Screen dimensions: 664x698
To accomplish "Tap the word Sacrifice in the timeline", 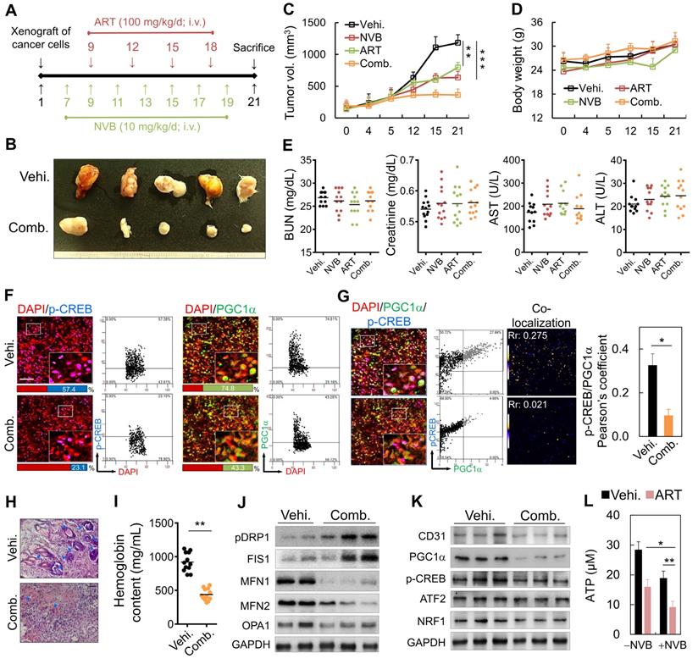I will click(x=253, y=47).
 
